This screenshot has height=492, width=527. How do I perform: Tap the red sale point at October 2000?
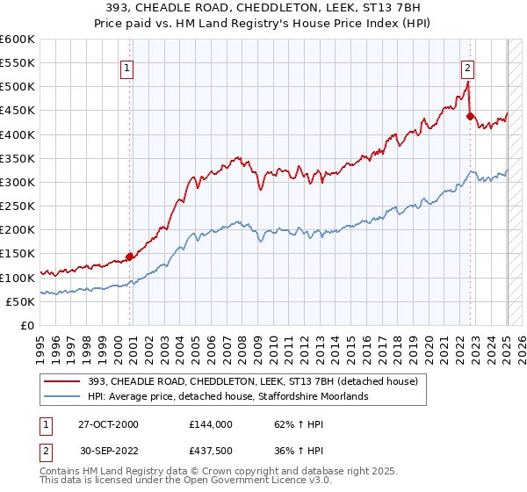130,257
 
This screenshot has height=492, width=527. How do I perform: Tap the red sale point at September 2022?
470,116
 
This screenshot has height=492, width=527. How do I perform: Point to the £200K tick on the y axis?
18,229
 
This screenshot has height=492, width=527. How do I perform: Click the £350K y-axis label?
18,158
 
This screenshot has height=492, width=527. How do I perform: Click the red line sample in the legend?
64,380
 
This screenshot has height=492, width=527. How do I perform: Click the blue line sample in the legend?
64,396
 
